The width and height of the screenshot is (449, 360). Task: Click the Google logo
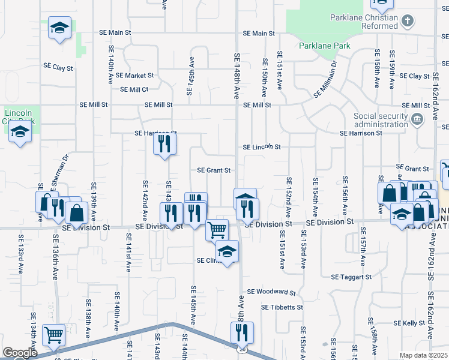(x=20, y=353)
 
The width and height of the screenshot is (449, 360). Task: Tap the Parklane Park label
(x=324, y=45)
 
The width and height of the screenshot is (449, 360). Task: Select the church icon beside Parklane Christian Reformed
(x=408, y=22)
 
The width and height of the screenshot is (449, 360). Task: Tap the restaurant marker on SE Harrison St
(x=164, y=144)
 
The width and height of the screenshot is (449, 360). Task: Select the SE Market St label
(x=134, y=76)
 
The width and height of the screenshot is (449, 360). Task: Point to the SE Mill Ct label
(x=134, y=89)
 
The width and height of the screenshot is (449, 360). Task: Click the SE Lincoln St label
(x=262, y=147)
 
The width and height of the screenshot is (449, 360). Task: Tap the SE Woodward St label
(x=272, y=292)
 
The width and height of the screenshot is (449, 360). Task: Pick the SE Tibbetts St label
(x=282, y=307)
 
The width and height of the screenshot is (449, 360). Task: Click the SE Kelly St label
(x=409, y=323)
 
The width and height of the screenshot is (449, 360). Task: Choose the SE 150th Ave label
(x=265, y=78)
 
